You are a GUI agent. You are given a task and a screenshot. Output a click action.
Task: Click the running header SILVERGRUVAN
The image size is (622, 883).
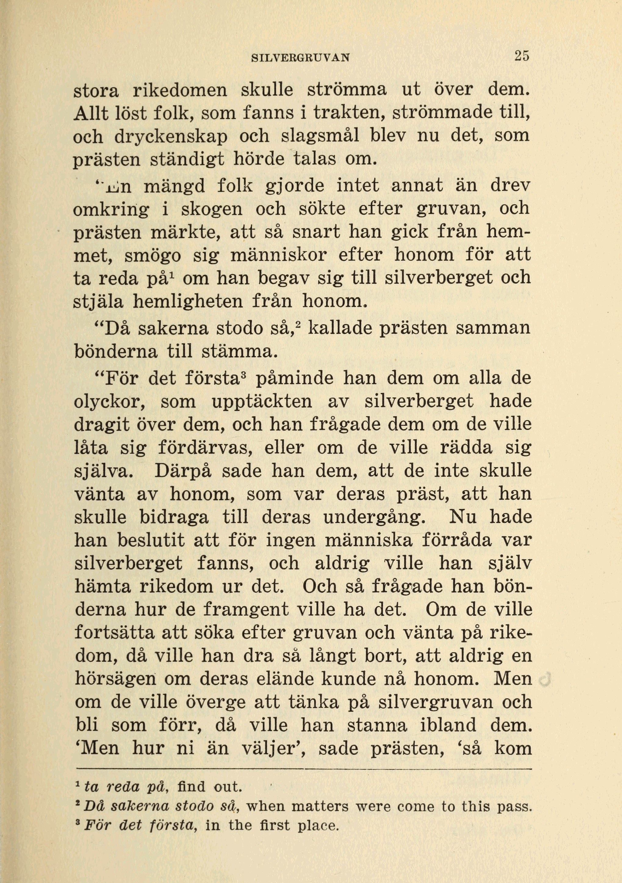pyautogui.click(x=300, y=58)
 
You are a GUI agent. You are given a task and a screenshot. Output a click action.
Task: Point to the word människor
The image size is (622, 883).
pyautogui.click(x=279, y=256)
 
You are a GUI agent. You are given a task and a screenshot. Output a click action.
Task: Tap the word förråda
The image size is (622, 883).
pyautogui.click(x=457, y=540)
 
